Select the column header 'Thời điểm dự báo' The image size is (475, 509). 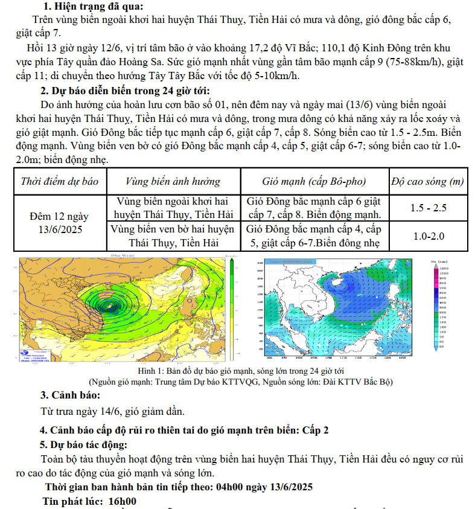(x=59, y=181)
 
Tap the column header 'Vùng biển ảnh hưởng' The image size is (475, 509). (x=173, y=181)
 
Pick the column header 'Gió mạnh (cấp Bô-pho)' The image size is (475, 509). (x=314, y=181)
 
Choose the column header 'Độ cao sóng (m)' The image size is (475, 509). (x=427, y=181)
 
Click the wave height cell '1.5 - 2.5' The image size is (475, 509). (x=428, y=208)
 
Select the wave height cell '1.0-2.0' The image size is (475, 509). (x=428, y=236)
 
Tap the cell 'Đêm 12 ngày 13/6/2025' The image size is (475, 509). (x=59, y=222)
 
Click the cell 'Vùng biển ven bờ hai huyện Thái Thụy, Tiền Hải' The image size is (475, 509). (x=173, y=236)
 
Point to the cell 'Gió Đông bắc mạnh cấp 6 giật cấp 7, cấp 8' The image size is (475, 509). (x=314, y=208)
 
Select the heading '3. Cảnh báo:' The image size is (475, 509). (x=70, y=395)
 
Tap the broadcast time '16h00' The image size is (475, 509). (x=123, y=501)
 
